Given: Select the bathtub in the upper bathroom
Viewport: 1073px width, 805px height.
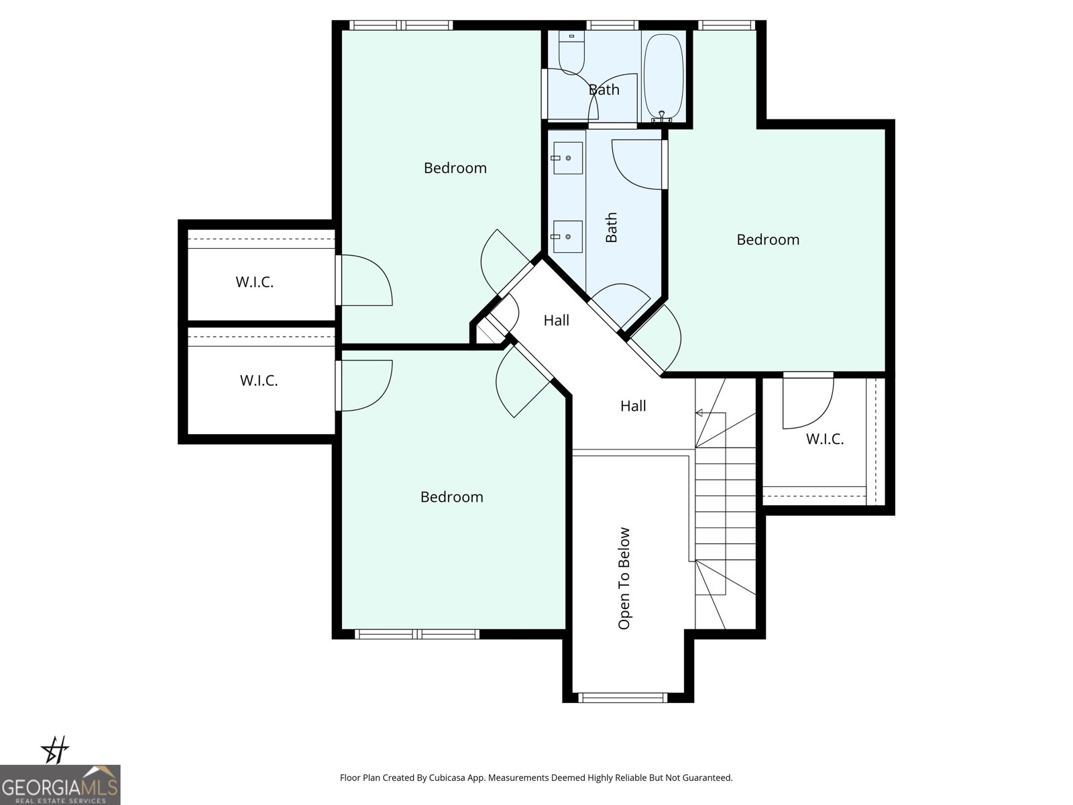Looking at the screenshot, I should (x=663, y=76).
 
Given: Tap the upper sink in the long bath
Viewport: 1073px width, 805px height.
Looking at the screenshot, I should (x=567, y=158).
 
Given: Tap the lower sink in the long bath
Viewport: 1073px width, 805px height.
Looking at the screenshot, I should (x=567, y=237).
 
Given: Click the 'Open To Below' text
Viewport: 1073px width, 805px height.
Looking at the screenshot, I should (x=624, y=578).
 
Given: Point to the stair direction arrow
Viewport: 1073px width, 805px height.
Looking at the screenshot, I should (x=701, y=413).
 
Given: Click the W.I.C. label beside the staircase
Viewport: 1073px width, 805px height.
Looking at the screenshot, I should (x=824, y=439).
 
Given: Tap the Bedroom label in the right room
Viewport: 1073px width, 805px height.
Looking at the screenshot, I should (x=768, y=239).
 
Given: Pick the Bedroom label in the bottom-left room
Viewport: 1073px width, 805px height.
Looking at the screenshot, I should (x=451, y=497).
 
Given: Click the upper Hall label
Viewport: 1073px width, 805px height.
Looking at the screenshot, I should (x=556, y=321).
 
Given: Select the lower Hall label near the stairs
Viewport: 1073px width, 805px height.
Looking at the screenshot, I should (x=633, y=406).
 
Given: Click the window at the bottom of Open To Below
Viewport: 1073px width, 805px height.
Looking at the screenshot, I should (x=622, y=698).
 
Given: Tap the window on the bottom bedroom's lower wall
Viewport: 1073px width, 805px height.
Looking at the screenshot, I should (x=416, y=634).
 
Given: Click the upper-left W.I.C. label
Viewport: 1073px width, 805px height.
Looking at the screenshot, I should (x=254, y=282).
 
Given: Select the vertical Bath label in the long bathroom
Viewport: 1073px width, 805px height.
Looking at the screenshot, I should (x=611, y=227).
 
